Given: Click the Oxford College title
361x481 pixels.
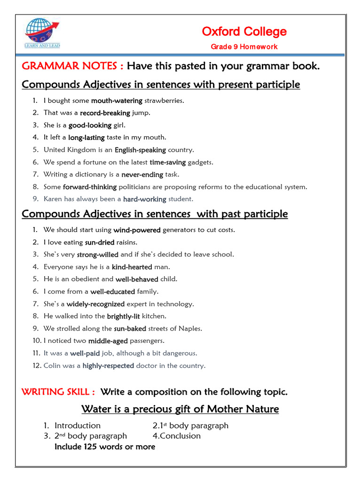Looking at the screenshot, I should pyautogui.click(x=244, y=31).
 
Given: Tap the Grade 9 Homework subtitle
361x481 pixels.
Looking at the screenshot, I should pyautogui.click(x=244, y=47).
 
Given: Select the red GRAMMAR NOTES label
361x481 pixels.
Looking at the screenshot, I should pyautogui.click(x=73, y=66).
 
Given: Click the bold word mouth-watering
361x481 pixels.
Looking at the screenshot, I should pyautogui.click(x=117, y=101).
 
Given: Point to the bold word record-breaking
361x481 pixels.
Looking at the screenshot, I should pyautogui.click(x=105, y=113).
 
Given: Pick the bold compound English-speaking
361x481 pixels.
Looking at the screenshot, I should pyautogui.click(x=140, y=150).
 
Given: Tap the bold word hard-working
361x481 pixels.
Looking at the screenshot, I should pyautogui.click(x=145, y=199).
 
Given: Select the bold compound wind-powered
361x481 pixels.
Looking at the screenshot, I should pyautogui.click(x=137, y=230).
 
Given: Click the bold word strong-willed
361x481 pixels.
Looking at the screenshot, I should pyautogui.click(x=97, y=255).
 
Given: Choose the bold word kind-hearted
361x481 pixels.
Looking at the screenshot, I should pyautogui.click(x=132, y=267).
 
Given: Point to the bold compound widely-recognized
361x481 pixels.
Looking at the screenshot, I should pyautogui.click(x=95, y=304).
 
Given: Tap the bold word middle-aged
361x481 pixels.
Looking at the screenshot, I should pyautogui.click(x=108, y=341).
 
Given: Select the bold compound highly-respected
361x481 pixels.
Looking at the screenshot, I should pyautogui.click(x=108, y=365).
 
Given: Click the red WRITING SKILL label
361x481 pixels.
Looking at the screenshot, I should pyautogui.click(x=59, y=392).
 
